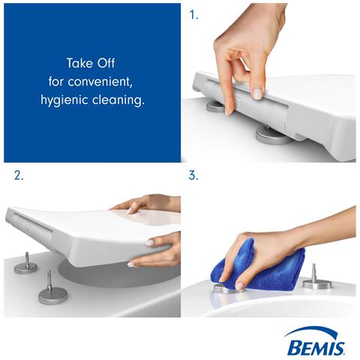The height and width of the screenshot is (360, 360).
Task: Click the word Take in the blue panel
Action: coord(79,63)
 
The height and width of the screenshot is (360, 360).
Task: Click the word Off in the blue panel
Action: coord(106,63)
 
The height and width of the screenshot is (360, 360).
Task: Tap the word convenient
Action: coord(100,82)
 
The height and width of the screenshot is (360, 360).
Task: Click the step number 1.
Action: coord(193,15)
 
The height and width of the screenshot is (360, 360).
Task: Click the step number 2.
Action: coord(19,175)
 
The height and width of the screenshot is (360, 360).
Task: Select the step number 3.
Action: coord(193,175)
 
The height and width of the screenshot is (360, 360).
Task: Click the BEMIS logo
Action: coord(315,341)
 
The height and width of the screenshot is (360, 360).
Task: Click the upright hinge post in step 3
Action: coord(313,273)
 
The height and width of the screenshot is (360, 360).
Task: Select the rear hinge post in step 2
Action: coord(27,260)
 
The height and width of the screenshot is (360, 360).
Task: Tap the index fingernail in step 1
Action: coord(257,94)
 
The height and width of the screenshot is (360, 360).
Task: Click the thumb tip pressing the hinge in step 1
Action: coord(229,111)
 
